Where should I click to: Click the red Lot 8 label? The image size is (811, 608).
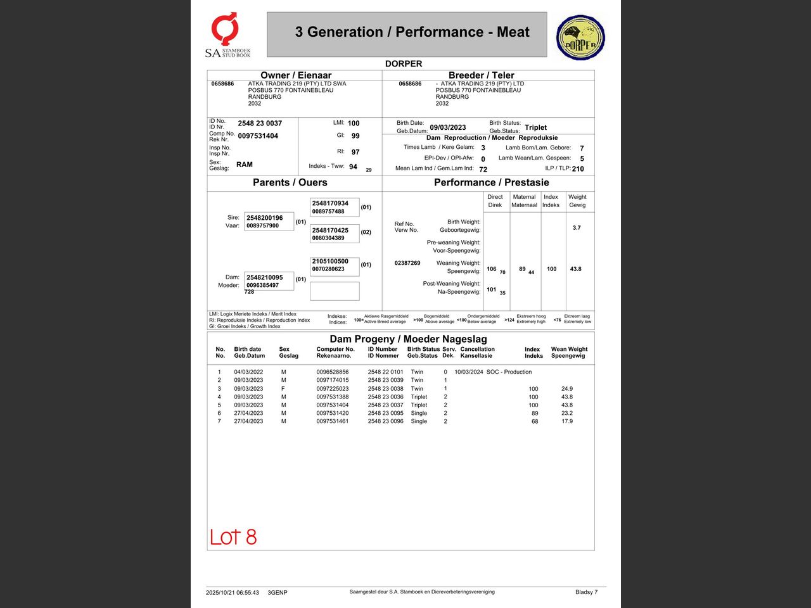click(233, 537)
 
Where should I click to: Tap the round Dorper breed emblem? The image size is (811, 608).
click(580, 38)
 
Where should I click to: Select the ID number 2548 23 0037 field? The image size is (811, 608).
click(260, 123)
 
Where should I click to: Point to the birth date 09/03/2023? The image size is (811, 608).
click(447, 127)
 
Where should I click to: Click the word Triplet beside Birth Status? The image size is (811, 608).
click(535, 127)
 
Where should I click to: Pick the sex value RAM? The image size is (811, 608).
click(244, 165)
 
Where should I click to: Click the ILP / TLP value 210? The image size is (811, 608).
click(578, 169)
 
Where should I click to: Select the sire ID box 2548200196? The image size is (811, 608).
click(269, 222)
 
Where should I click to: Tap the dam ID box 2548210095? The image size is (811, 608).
click(269, 281)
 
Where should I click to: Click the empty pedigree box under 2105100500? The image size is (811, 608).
click(335, 291)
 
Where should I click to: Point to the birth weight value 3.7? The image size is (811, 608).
click(577, 228)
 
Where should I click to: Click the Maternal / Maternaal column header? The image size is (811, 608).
click(525, 201)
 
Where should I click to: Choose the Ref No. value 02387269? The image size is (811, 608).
click(407, 263)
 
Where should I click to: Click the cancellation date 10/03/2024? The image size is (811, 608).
click(469, 372)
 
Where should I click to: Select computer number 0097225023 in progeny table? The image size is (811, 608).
click(333, 389)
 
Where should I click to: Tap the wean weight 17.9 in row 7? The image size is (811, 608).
click(567, 421)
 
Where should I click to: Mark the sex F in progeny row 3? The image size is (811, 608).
click(283, 389)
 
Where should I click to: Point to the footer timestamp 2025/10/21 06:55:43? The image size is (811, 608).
click(233, 593)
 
